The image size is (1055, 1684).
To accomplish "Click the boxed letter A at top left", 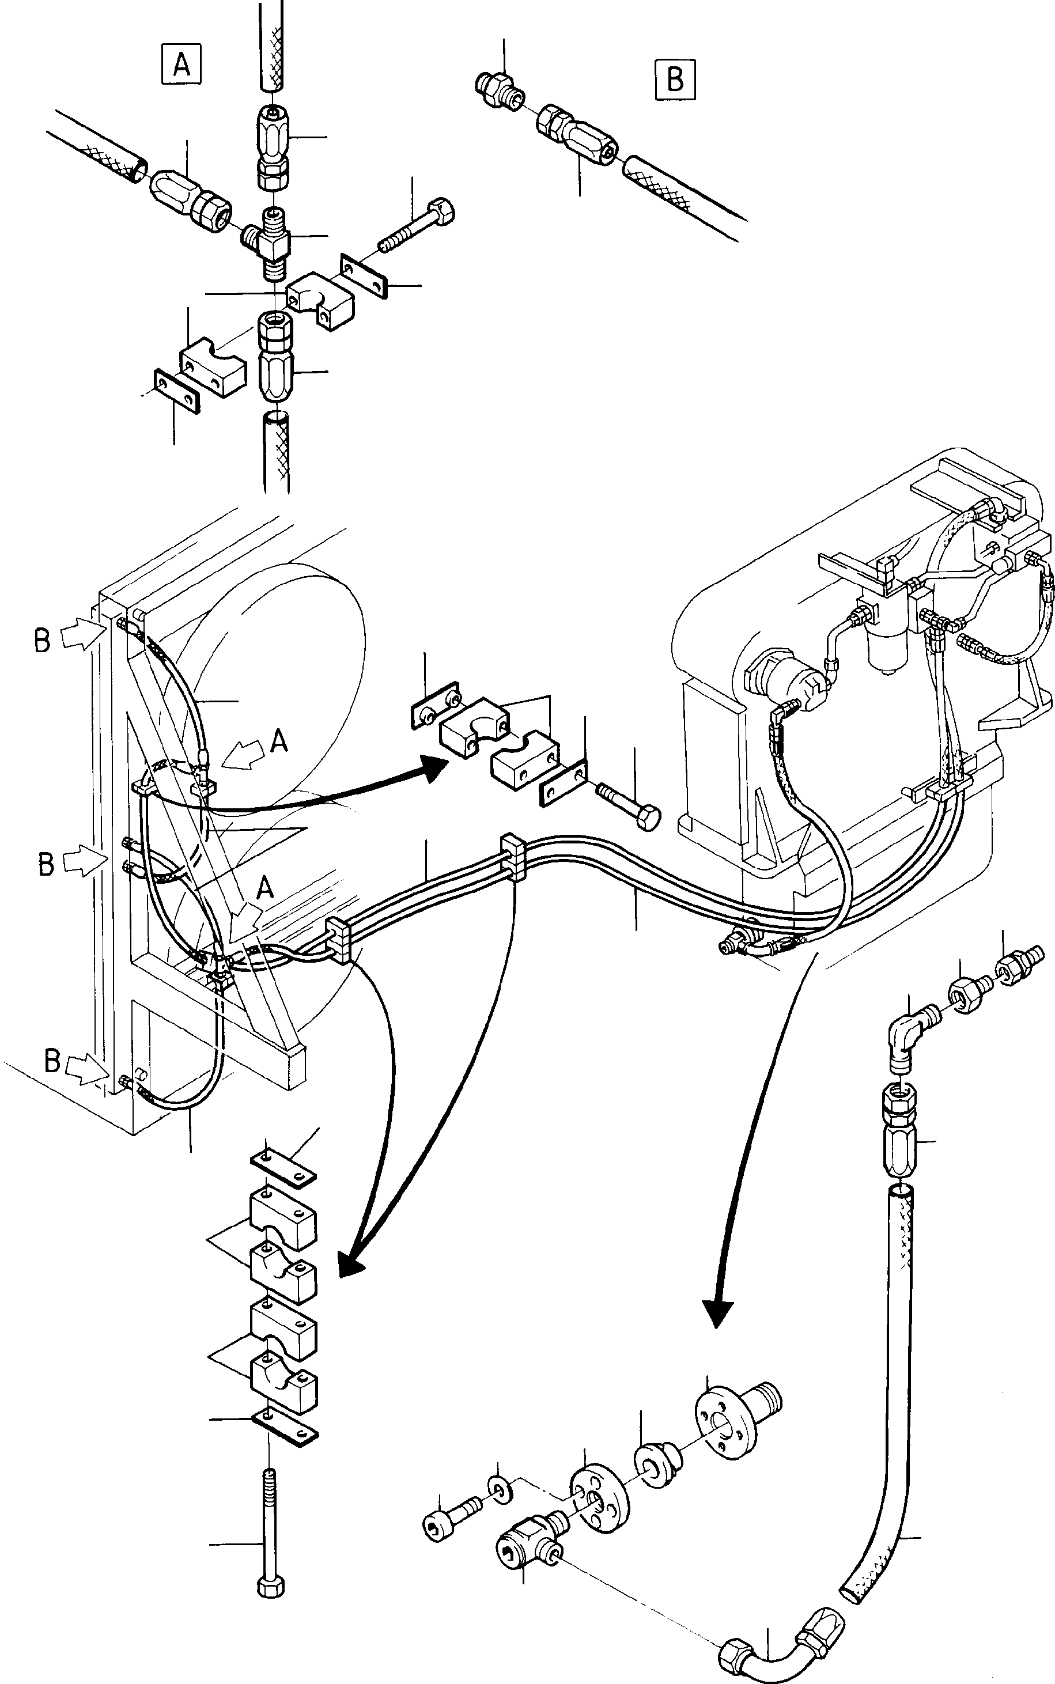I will pyautogui.click(x=181, y=64).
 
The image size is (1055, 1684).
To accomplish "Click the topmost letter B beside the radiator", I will pyautogui.click(x=42, y=639).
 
